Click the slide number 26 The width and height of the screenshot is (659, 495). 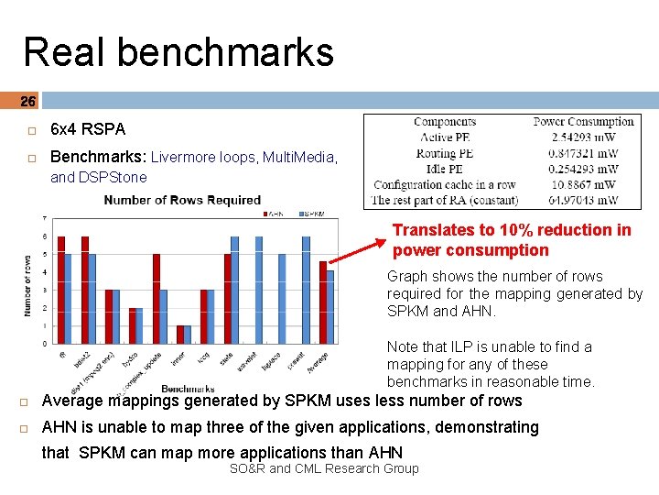tap(27, 101)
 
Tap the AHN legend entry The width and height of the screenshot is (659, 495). tap(270, 214)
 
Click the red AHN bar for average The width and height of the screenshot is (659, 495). tap(322, 302)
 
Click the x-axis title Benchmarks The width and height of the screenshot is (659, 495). tap(189, 389)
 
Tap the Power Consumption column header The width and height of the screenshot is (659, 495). tap(583, 122)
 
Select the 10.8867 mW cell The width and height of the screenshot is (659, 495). tap(583, 184)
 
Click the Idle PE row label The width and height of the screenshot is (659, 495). tap(445, 169)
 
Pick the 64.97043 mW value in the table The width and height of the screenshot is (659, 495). tap(583, 199)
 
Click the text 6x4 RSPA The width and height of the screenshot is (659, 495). tap(88, 129)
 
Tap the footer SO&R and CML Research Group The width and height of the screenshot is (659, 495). tap(324, 468)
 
